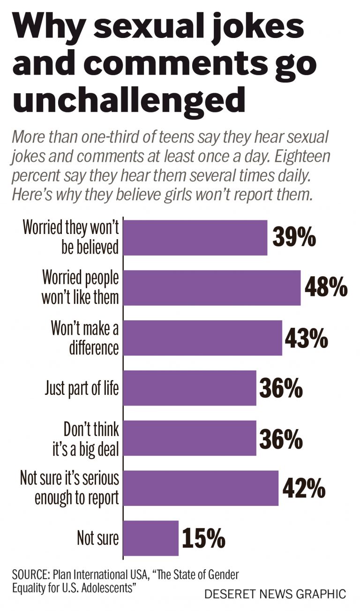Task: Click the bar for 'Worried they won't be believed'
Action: [x=195, y=238]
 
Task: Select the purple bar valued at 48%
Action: [x=212, y=287]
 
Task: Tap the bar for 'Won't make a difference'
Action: [x=202, y=338]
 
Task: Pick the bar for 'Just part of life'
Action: [x=190, y=388]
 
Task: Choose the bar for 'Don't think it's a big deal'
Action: [x=190, y=438]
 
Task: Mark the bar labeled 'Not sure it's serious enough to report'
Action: [x=201, y=488]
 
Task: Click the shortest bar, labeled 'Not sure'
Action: [x=151, y=538]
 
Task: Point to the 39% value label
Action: [x=294, y=238]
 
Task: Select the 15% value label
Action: [x=203, y=538]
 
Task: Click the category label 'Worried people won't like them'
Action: [x=80, y=287]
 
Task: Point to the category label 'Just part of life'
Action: [x=82, y=388]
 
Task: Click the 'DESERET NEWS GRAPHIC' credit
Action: [x=275, y=594]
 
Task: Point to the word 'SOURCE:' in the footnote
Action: [x=31, y=575]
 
